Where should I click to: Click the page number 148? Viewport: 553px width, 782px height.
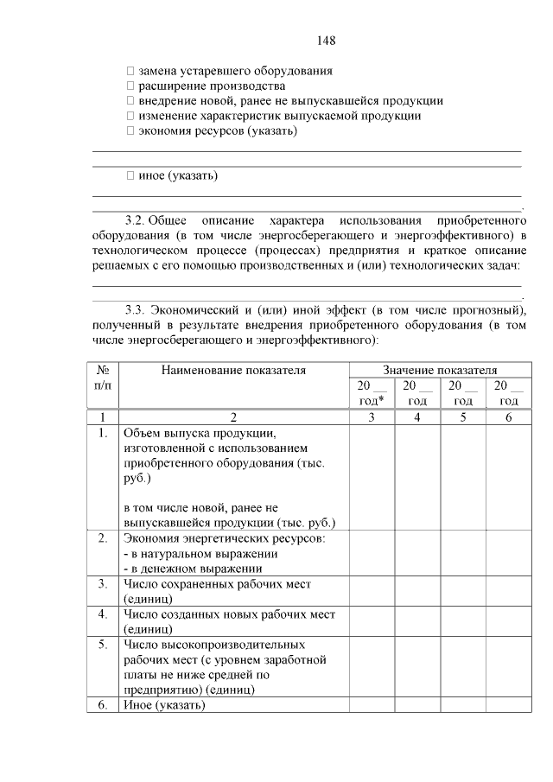[326, 41]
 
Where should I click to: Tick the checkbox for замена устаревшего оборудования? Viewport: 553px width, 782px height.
[130, 72]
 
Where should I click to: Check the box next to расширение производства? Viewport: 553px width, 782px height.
[130, 86]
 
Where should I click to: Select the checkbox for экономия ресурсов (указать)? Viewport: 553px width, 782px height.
[130, 130]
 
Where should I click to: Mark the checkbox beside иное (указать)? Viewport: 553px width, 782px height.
[130, 175]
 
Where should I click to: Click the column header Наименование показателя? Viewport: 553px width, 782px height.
[233, 371]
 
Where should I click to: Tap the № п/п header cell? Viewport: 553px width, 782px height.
[102, 378]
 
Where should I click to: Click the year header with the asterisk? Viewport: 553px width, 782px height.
[371, 393]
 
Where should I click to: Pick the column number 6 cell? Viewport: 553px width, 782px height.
[508, 416]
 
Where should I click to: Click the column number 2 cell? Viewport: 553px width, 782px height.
[233, 416]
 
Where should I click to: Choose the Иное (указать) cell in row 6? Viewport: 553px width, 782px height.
[165, 705]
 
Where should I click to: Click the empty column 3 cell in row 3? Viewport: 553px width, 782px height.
[371, 592]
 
